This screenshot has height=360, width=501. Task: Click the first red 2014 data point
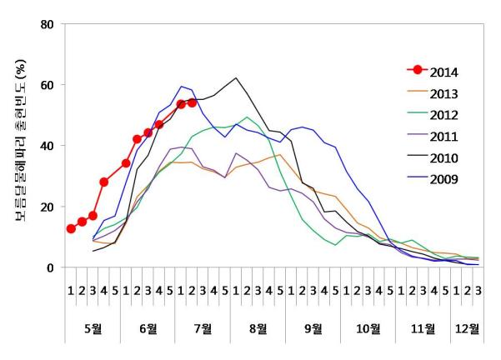point(71,229)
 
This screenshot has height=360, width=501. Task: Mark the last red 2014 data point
point(192,102)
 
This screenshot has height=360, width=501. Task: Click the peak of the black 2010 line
point(236,78)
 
